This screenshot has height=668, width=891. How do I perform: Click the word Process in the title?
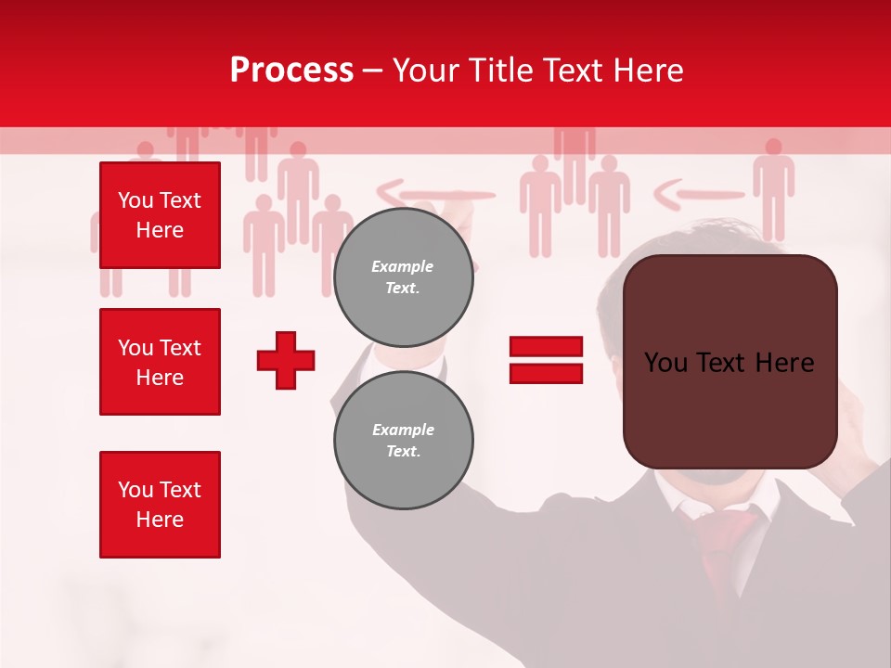[291, 71]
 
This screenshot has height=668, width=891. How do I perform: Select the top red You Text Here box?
[160, 215]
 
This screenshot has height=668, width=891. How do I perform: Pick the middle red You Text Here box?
[160, 362]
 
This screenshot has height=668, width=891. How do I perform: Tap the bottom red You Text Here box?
[160, 505]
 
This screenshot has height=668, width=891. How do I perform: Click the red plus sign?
[286, 360]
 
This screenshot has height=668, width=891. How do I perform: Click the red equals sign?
[546, 360]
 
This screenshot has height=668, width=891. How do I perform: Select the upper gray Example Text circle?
[403, 276]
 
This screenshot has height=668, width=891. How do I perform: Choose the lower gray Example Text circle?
[403, 440]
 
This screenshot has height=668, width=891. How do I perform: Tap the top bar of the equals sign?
[546, 346]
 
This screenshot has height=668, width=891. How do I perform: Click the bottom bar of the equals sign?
[546, 373]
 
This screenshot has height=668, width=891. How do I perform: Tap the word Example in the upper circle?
[403, 266]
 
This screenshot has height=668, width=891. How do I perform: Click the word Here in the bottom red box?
[160, 520]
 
